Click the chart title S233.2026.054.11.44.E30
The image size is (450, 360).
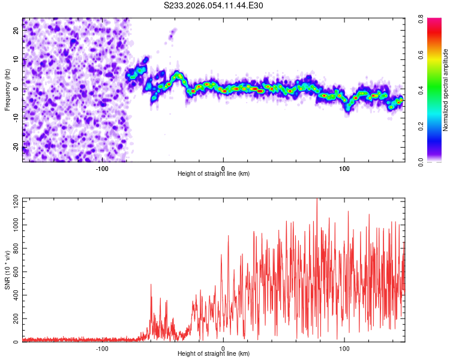coord(214,5)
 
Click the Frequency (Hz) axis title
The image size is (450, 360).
coord(7,90)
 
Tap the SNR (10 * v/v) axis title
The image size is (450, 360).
coord(7,270)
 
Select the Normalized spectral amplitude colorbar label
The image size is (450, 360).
coord(446,90)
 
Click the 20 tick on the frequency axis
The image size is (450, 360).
coord(16,32)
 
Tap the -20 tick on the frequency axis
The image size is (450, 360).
coord(15,146)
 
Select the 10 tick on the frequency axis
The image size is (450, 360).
coord(16,61)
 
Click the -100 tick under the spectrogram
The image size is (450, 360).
coord(101,167)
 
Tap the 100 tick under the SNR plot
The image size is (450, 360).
coord(344,347)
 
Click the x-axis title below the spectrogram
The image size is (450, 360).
coord(214,173)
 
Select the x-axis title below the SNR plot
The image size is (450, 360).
coord(214,353)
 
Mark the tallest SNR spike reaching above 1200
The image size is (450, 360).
coord(316,200)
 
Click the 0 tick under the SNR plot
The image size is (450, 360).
coord(223,347)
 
